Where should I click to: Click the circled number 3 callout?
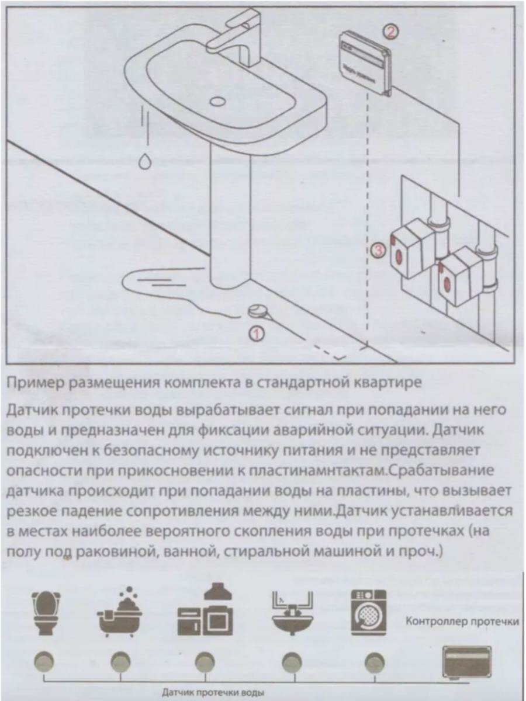tap(379, 251)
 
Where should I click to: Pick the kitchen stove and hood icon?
tap(205, 613)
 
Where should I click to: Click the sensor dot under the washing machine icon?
tap(373, 662)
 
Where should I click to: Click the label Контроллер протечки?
tap(462, 622)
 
